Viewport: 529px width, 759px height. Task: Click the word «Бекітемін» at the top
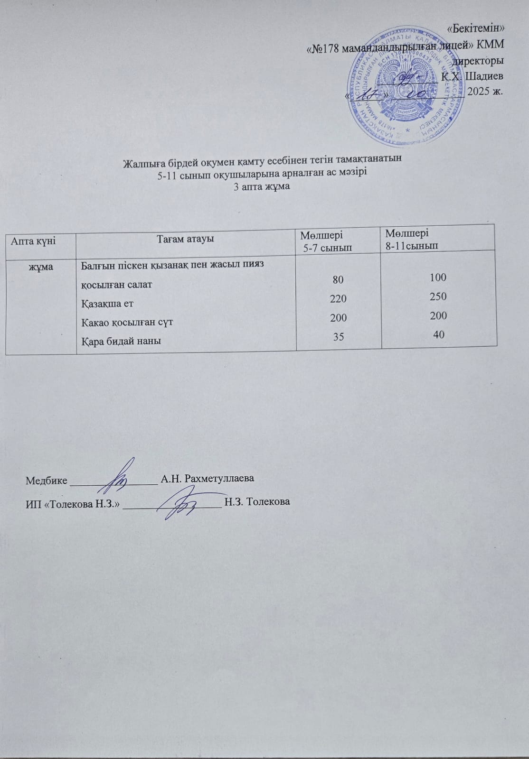coord(476,28)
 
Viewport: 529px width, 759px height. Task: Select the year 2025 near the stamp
coord(480,91)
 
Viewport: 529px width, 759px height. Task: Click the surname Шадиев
coord(483,76)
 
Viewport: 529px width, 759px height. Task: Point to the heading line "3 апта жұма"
coord(262,186)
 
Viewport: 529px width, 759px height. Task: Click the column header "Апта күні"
coord(33,241)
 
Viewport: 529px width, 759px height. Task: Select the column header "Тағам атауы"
coord(185,239)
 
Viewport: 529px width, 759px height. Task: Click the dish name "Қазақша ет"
coord(107,304)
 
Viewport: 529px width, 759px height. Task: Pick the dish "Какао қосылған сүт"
coord(127,323)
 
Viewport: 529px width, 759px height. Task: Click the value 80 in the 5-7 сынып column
coord(338,280)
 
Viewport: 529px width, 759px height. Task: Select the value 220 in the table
coord(338,299)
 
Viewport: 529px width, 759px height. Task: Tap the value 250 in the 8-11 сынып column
coord(438,296)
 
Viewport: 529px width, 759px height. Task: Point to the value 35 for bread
coord(338,337)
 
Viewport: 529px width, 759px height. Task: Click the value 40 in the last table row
coord(439,334)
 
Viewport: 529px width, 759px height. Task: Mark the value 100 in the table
coord(438,278)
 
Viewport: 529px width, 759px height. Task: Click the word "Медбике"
coord(46,479)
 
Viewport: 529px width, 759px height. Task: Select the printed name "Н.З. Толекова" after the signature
coord(257,502)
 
